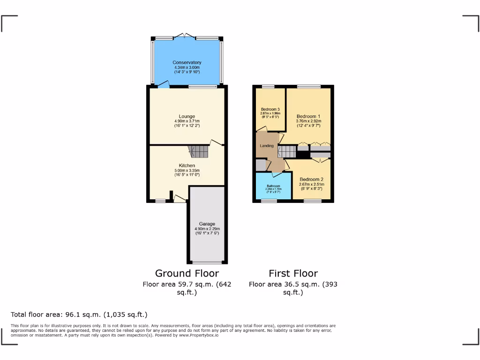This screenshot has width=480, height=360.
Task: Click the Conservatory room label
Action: pyautogui.click(x=187, y=62)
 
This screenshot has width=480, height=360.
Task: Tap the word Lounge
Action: pyautogui.click(x=187, y=116)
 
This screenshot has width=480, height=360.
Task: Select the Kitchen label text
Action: pyautogui.click(x=187, y=165)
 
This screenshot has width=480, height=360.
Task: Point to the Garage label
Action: pyautogui.click(x=207, y=224)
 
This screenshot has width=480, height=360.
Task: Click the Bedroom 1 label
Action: pyautogui.click(x=308, y=116)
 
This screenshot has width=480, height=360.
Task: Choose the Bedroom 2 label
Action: pyautogui.click(x=311, y=179)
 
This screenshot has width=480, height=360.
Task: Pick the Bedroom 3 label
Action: pyautogui.click(x=270, y=109)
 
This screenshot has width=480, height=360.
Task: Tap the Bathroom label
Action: pyautogui.click(x=273, y=186)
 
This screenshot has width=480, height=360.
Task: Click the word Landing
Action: pyautogui.click(x=267, y=146)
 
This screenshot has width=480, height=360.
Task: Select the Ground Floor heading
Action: pyautogui.click(x=187, y=273)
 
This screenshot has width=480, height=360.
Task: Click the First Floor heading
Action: pyautogui.click(x=293, y=273)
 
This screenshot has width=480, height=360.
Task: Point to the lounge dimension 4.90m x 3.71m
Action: pyautogui.click(x=187, y=121)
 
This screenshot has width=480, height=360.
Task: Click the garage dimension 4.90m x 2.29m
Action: pyautogui.click(x=207, y=229)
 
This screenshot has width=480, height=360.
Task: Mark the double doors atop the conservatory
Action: pyautogui.click(x=187, y=36)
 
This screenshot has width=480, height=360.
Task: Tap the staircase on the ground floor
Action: pyautogui.click(x=199, y=151)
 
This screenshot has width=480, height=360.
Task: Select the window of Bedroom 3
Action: pyautogui.click(x=268, y=86)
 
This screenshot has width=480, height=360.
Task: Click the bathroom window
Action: pyautogui.click(x=269, y=201)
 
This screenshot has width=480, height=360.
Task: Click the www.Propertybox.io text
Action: pyautogui.click(x=199, y=335)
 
